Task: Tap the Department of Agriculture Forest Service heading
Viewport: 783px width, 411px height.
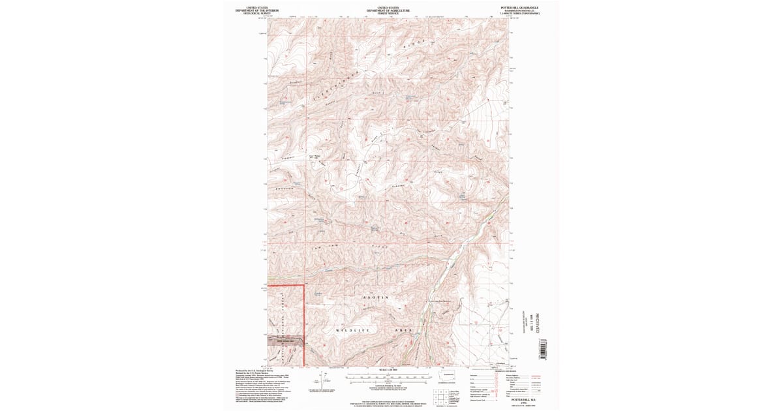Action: point(388,10)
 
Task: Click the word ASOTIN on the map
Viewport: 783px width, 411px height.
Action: point(375,297)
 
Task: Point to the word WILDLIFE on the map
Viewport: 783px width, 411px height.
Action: point(353,331)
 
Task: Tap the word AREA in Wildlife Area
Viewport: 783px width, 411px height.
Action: point(405,331)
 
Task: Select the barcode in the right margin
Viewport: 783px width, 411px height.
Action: point(541,349)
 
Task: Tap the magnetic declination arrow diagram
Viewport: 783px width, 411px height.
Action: point(318,380)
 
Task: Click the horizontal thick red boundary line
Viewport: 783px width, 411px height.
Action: point(284,285)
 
